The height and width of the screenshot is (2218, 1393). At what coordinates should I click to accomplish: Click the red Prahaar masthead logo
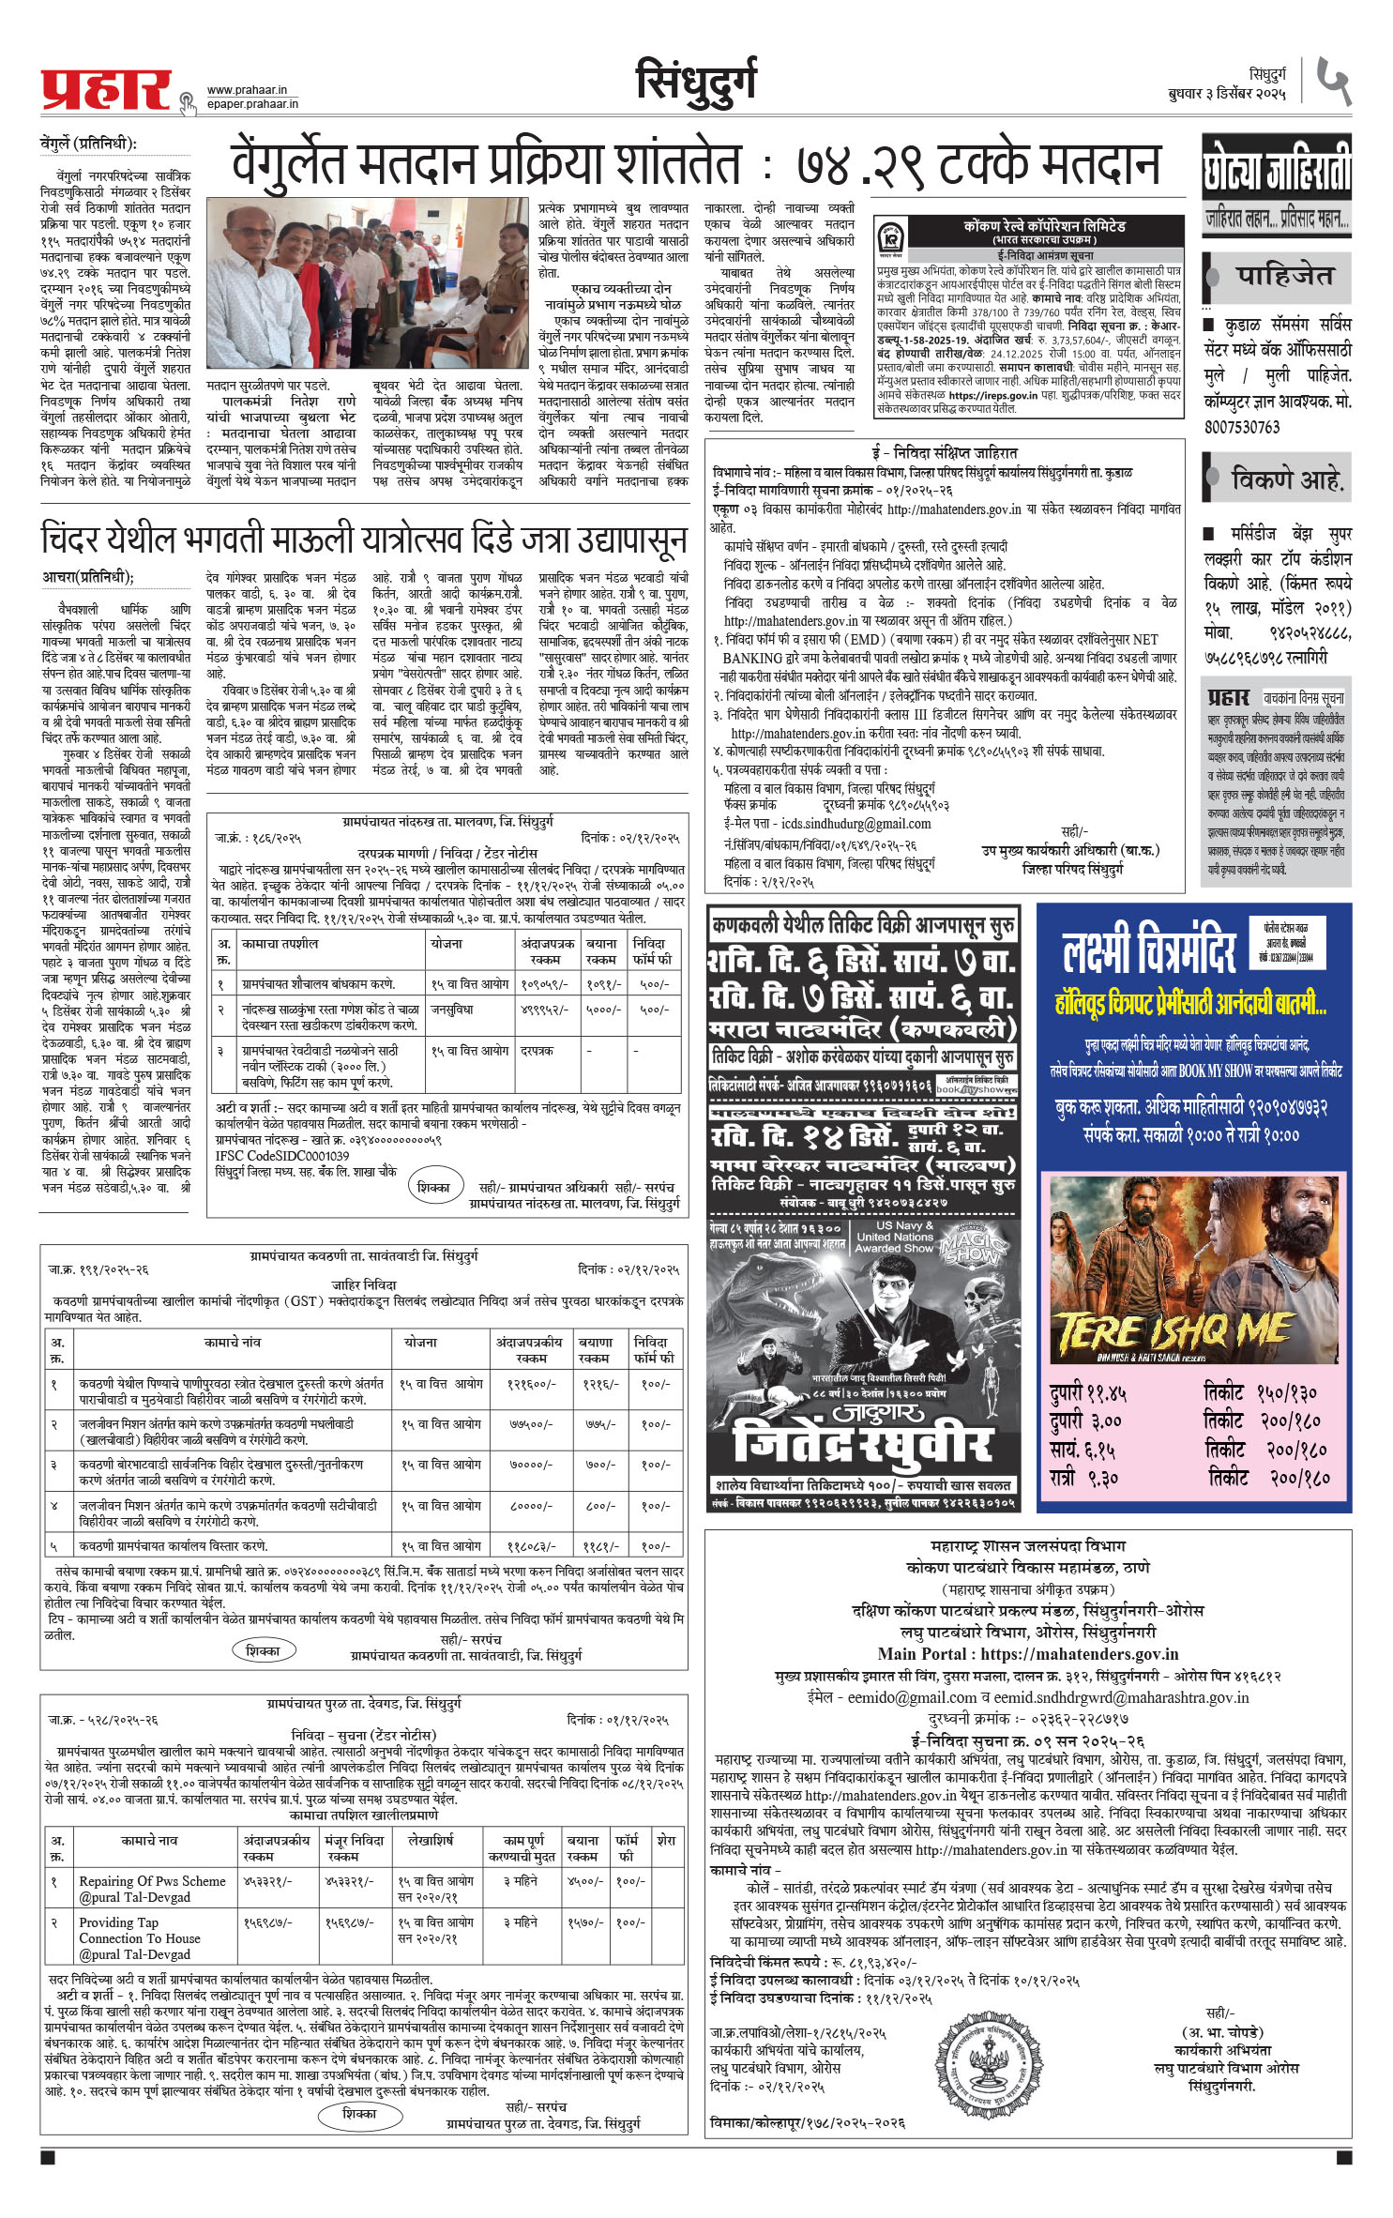point(106,92)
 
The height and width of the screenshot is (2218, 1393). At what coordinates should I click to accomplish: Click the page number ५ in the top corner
point(1332,82)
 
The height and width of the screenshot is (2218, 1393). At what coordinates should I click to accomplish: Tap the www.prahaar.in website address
point(247,90)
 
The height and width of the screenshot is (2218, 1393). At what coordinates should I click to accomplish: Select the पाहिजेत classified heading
point(1283,275)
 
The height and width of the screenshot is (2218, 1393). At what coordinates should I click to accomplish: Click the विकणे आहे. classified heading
point(1286,479)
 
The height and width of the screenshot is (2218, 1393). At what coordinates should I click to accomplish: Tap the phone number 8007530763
point(1242,427)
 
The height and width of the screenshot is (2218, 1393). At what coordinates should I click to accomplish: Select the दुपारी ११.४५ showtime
point(1089,1393)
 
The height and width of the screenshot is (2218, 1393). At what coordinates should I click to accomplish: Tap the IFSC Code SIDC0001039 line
point(282,1156)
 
